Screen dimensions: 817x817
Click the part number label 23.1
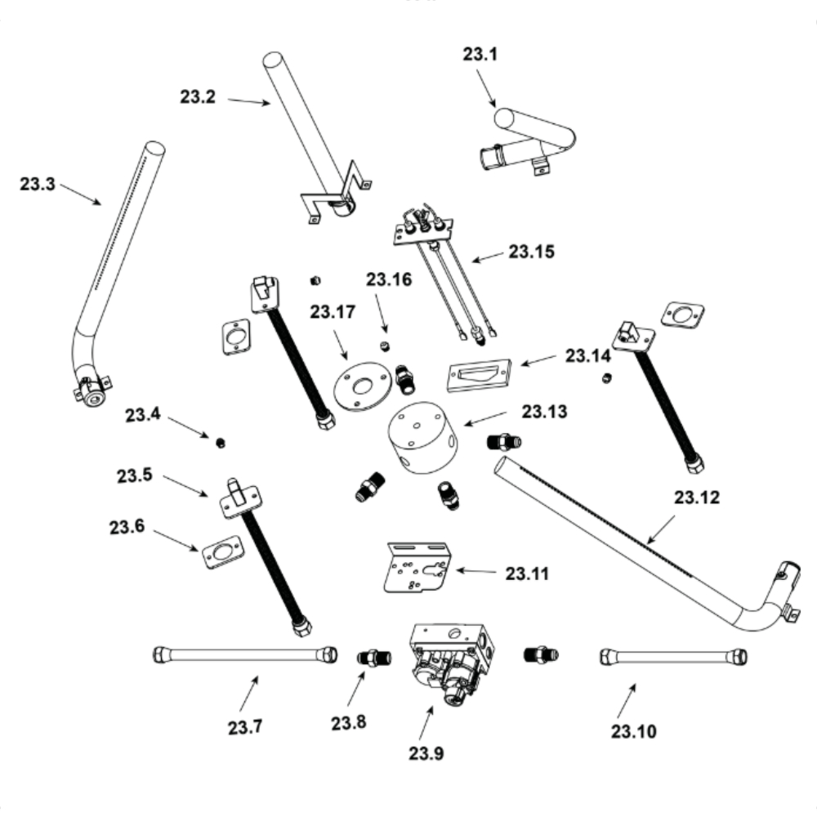pyautogui.click(x=480, y=56)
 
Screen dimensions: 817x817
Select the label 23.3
pyautogui.click(x=38, y=184)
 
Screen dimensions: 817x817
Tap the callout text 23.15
pyautogui.click(x=531, y=252)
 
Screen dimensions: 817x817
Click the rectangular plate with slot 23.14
pyautogui.click(x=480, y=375)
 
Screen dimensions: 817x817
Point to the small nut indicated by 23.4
pyautogui.click(x=221, y=443)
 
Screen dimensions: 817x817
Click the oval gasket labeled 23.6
pyautogui.click(x=222, y=553)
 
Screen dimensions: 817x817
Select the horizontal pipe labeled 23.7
pyautogui.click(x=245, y=655)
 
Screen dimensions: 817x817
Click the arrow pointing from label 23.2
pyautogui.click(x=248, y=101)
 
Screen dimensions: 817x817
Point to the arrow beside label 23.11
pyautogui.click(x=475, y=570)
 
